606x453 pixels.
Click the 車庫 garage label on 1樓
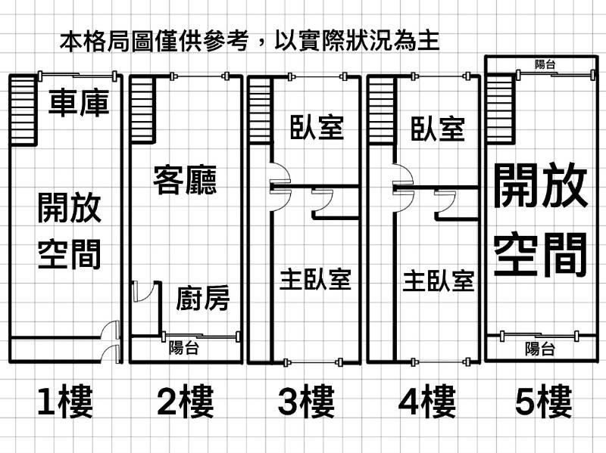point(79,103)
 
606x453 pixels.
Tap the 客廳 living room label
point(185,180)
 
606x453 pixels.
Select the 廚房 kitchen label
point(202,298)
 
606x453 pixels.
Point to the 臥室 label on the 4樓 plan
point(438,128)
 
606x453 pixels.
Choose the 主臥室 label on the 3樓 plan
point(315,279)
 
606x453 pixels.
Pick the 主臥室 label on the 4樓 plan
point(438,281)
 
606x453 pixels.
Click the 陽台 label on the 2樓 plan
point(184,348)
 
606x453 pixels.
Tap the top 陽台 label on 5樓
point(545,64)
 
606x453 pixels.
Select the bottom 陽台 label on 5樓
point(540,349)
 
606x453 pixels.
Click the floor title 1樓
point(65,402)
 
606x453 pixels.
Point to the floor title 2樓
point(186,402)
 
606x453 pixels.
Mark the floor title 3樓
point(306,402)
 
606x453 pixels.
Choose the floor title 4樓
point(426,402)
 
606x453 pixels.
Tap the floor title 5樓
point(544,402)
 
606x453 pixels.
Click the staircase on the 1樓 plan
point(23,110)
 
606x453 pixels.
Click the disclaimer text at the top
point(249,39)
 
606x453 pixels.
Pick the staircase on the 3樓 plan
point(260,109)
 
